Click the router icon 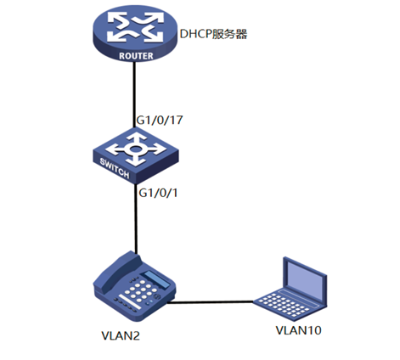(135, 33)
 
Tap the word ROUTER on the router (136, 56)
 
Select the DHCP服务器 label (214, 34)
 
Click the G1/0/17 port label (160, 121)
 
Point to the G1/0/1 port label (158, 193)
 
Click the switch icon (136, 155)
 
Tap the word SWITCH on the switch (115, 168)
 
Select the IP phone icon (135, 286)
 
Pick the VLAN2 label (121, 336)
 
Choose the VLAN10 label (299, 330)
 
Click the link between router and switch (134, 94)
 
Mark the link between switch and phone (136, 218)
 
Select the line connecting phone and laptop (210, 302)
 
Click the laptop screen (305, 279)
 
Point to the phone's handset (117, 270)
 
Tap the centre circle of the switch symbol (135, 149)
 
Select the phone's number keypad (140, 291)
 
